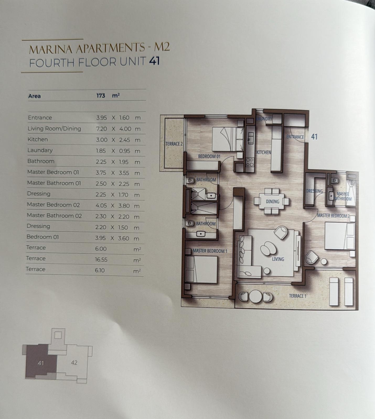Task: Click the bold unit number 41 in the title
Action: point(154,61)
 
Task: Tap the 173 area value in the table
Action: point(101,96)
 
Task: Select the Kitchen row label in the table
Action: point(38,139)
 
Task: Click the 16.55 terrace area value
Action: point(101,260)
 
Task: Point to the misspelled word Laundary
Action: point(40,150)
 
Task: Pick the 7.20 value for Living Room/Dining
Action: point(101,129)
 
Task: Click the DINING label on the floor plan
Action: point(272,202)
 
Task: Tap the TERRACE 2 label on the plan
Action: point(174,144)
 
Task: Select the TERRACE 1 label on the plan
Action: point(297,296)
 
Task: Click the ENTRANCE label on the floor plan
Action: point(295,137)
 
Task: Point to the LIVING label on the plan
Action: point(278,259)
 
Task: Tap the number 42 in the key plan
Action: point(74,363)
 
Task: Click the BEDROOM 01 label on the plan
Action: point(209,156)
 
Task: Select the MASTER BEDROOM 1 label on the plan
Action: point(210,251)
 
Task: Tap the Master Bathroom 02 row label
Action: point(54,216)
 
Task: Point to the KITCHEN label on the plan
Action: point(264,152)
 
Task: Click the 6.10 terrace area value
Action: point(100,270)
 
